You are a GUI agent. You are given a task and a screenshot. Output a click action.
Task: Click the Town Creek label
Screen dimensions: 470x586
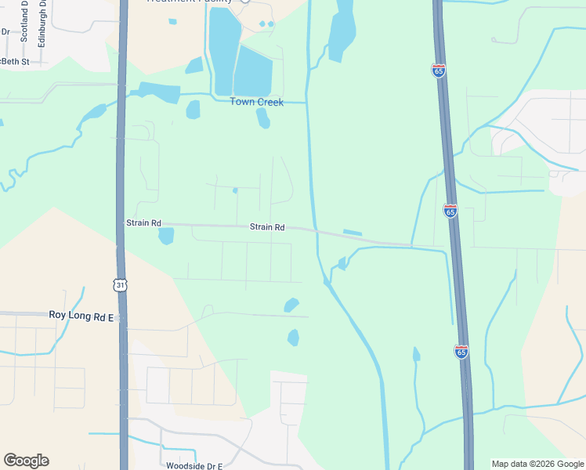click(256, 102)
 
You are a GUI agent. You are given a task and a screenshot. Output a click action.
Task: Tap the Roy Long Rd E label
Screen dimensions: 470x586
click(81, 316)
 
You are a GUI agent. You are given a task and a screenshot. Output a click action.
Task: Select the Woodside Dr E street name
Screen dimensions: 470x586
click(194, 465)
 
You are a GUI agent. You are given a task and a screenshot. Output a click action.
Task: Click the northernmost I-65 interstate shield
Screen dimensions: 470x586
click(439, 70)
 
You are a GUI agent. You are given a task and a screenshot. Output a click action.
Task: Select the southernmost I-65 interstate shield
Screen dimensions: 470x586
click(461, 352)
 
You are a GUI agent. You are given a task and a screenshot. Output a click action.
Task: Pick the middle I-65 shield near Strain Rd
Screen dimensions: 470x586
click(450, 211)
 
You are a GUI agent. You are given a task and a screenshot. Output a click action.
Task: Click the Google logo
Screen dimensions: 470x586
click(26, 461)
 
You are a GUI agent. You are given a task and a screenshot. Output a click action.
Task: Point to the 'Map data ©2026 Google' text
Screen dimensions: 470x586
click(537, 464)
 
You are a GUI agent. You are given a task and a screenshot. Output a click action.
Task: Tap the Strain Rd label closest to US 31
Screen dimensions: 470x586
click(143, 223)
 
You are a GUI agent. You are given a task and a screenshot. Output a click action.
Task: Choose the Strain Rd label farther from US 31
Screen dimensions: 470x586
click(267, 227)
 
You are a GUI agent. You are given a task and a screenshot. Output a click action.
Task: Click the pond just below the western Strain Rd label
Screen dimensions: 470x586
click(166, 236)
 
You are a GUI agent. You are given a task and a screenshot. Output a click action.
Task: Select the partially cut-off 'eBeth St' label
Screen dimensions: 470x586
click(14, 61)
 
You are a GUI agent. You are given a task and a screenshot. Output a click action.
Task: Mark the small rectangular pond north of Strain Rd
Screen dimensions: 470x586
click(353, 233)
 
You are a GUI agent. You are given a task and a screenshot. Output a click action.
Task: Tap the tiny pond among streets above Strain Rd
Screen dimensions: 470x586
click(235, 190)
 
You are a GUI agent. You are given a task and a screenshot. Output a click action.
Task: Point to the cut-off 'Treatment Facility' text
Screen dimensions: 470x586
click(190, 2)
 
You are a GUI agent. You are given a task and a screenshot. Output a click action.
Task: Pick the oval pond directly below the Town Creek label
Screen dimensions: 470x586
click(263, 118)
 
